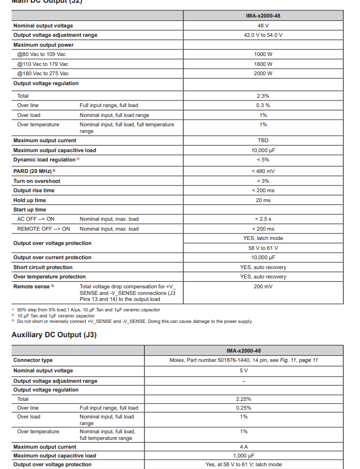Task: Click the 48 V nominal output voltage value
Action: (x=263, y=25)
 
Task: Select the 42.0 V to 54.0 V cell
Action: (x=263, y=35)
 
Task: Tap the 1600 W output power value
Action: (x=263, y=64)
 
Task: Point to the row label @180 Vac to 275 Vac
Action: (x=43, y=73)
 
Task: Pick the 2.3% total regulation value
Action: (x=263, y=96)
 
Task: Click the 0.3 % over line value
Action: (x=263, y=105)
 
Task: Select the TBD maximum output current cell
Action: (x=263, y=141)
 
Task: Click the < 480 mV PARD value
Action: (x=263, y=171)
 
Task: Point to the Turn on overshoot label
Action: (x=37, y=181)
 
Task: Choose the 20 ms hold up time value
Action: (x=263, y=200)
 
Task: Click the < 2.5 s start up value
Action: (x=263, y=219)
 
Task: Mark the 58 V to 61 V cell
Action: (x=263, y=248)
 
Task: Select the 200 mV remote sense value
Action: (x=263, y=287)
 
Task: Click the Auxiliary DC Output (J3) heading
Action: (x=54, y=334)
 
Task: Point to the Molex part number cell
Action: (x=243, y=360)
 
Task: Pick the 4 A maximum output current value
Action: (x=243, y=447)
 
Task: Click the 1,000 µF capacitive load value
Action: (x=243, y=455)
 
